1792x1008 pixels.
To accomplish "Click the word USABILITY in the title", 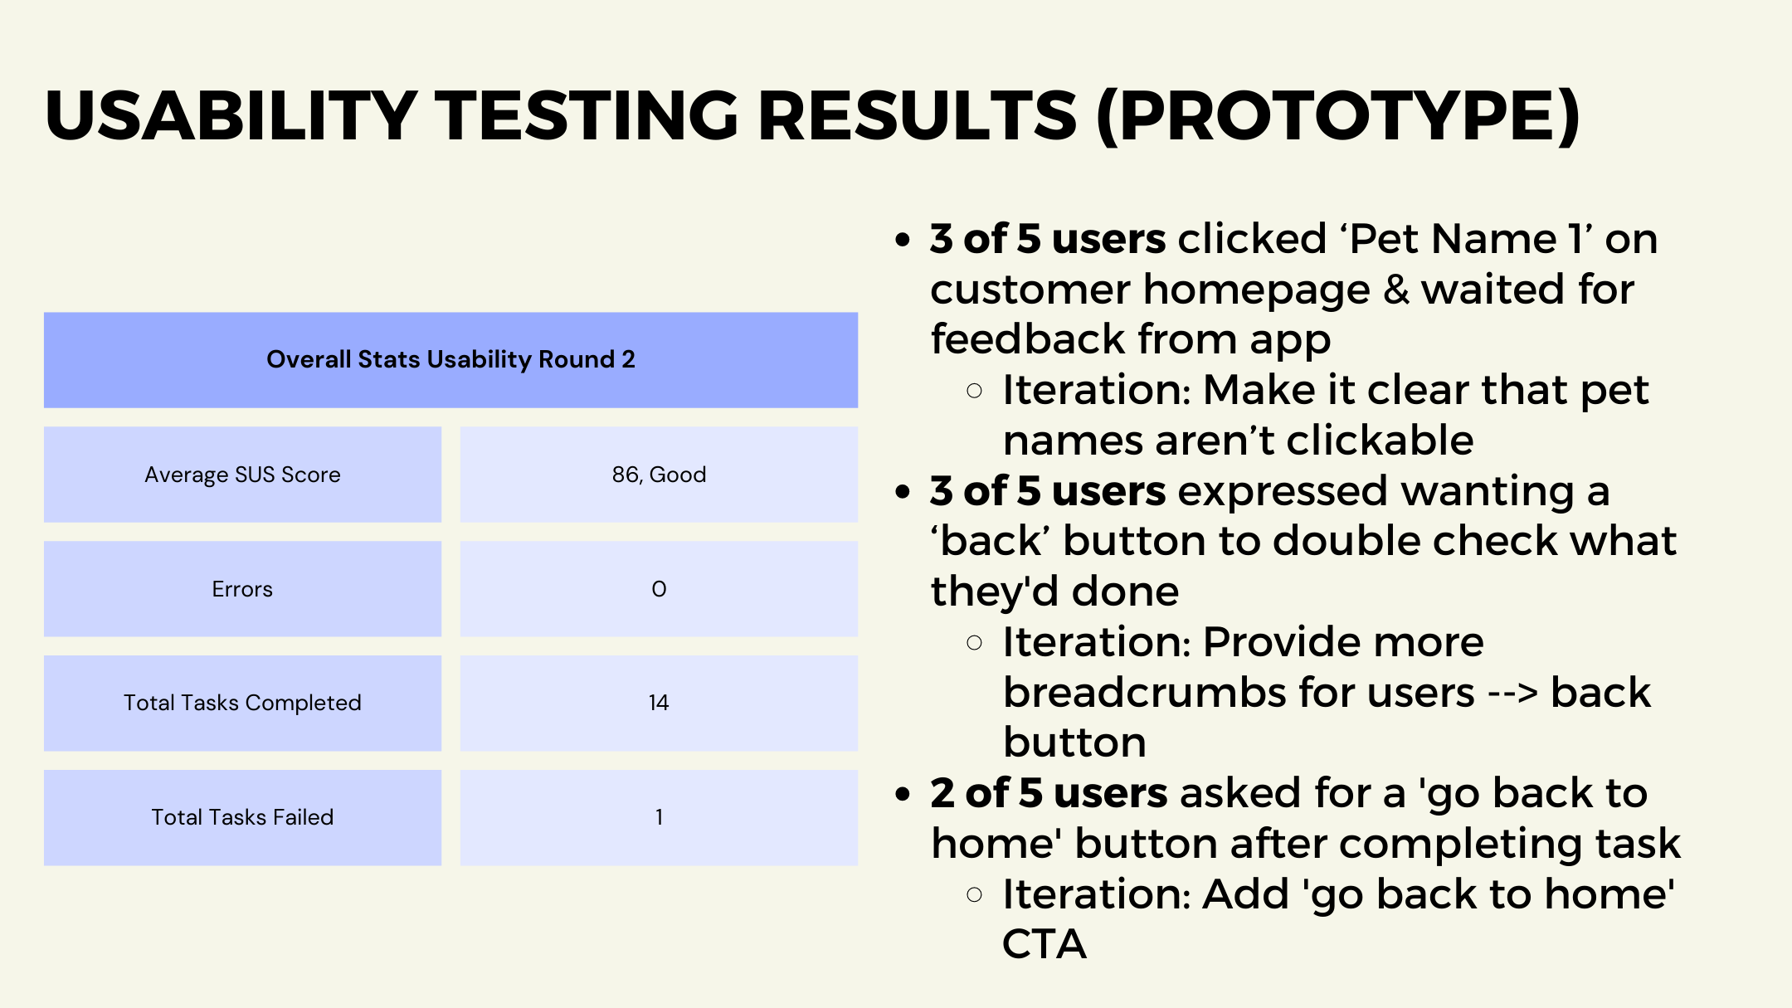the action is (x=231, y=115).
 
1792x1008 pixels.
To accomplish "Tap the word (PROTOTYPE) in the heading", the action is (x=1339, y=116).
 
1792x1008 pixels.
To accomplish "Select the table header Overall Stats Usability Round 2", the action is (x=450, y=359).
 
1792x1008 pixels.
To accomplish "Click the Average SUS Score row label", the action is (x=242, y=475).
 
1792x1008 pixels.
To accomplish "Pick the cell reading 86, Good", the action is (x=659, y=475).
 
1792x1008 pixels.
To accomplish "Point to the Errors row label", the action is (x=242, y=589).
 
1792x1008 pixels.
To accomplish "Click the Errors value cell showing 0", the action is (x=659, y=589).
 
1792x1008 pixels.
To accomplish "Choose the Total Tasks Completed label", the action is (x=242, y=703).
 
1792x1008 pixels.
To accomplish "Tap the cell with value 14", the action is (x=659, y=703).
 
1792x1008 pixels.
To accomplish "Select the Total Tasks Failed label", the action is (x=242, y=817).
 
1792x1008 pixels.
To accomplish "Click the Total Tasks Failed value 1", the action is (x=659, y=817).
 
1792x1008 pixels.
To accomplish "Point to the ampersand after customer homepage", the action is (x=1396, y=290).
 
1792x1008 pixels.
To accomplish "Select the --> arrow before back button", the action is (x=1512, y=694).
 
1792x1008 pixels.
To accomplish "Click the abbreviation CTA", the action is (x=1045, y=944).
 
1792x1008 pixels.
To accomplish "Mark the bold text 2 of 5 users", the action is (x=1049, y=793).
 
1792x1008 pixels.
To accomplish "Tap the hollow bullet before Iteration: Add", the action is (x=975, y=894).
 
